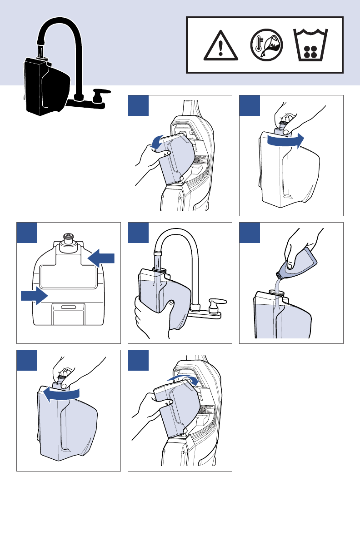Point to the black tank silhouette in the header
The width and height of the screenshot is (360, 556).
pyautogui.click(x=45, y=86)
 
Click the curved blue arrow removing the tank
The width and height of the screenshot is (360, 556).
pyautogui.click(x=157, y=142)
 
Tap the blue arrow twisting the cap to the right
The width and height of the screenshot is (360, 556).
pyautogui.click(x=285, y=141)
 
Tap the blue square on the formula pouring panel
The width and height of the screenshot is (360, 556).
pyautogui.click(x=250, y=233)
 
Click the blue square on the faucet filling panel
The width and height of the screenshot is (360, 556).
pyautogui.click(x=138, y=233)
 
